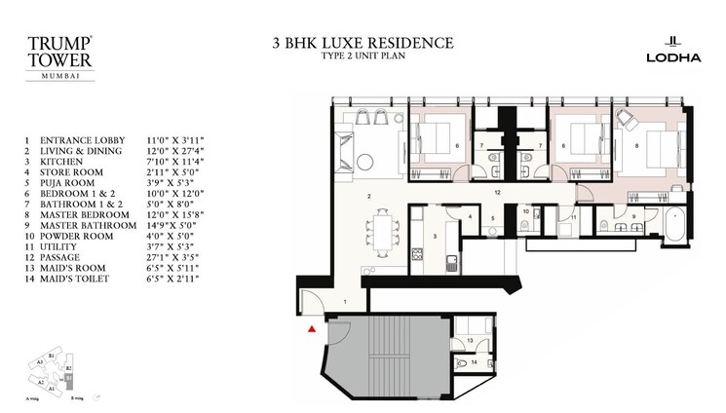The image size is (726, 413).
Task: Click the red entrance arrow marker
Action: tap(311, 331)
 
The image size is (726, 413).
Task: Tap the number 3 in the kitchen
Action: tap(433, 237)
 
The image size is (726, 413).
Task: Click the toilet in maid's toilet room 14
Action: tap(461, 363)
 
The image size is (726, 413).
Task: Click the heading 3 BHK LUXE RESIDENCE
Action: tap(363, 43)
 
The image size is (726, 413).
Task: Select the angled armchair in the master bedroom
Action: tap(625, 119)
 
